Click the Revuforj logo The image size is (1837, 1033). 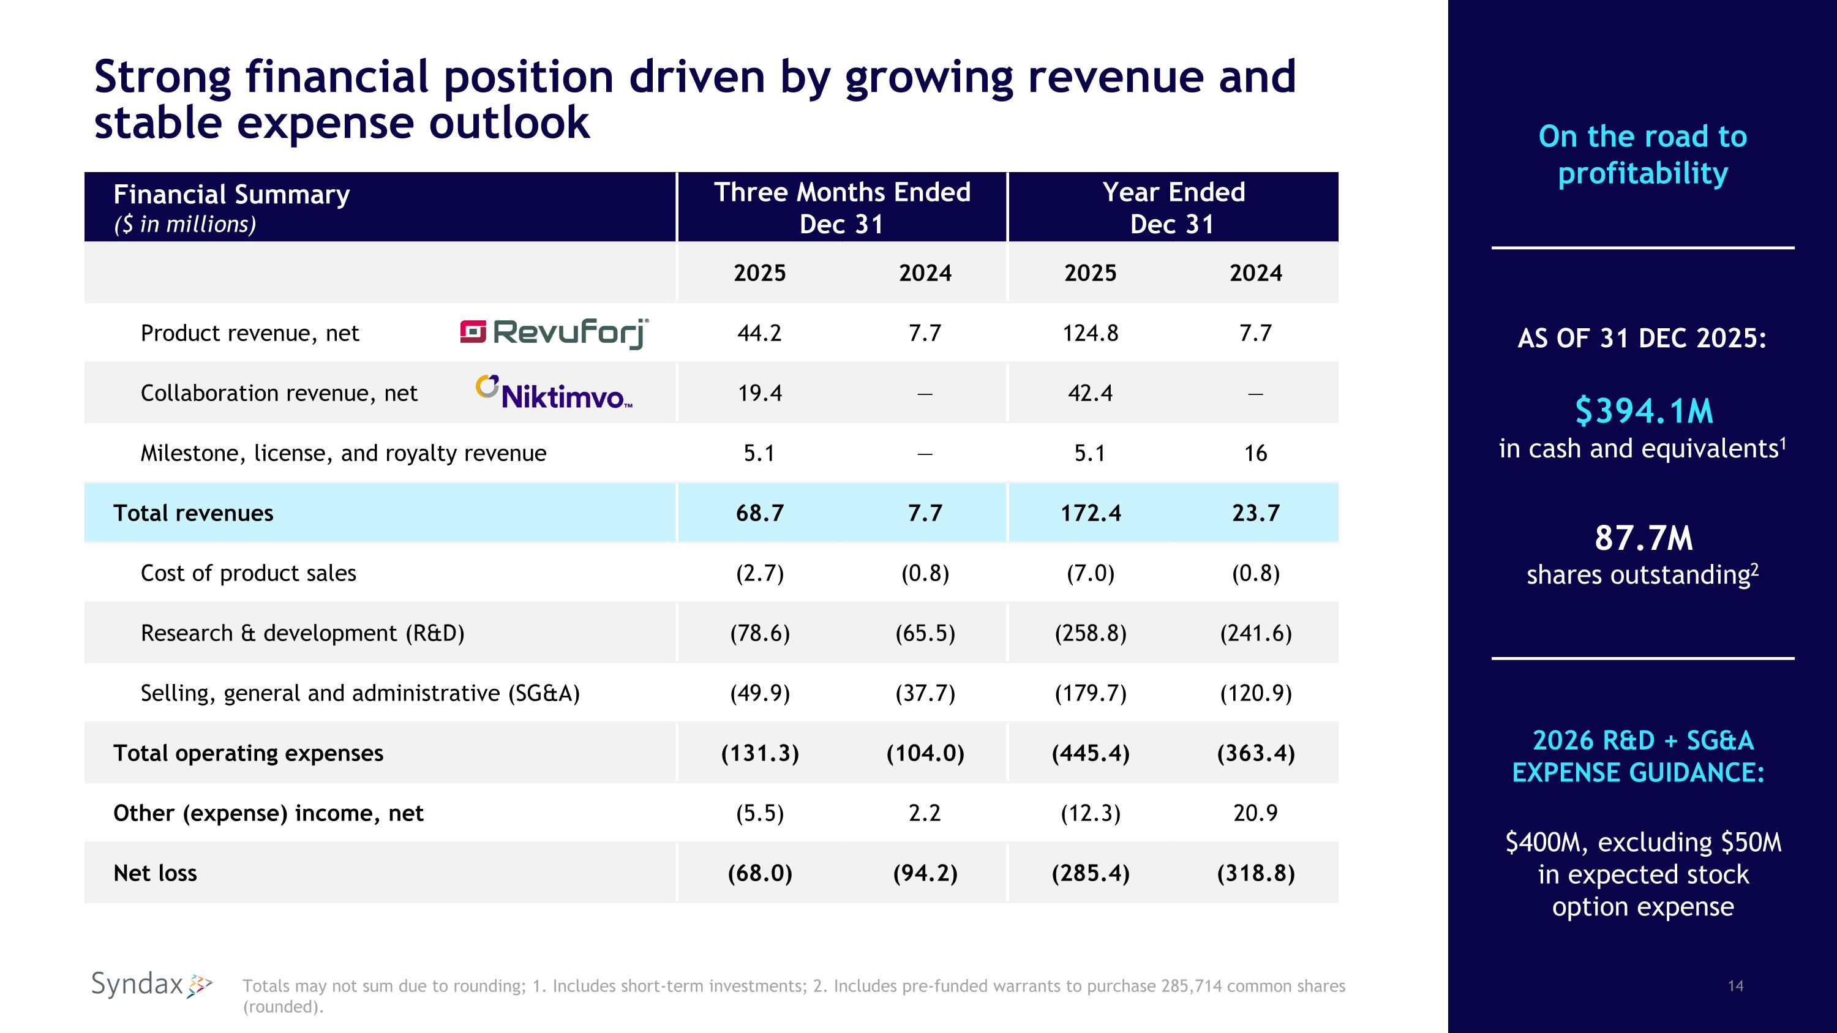pos(554,333)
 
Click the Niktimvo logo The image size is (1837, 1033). pos(554,393)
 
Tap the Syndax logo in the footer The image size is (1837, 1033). pos(151,985)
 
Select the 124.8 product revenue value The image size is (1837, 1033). pos(1091,333)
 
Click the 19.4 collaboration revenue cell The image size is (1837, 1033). pos(759,393)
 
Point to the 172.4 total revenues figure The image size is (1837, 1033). pos(1091,513)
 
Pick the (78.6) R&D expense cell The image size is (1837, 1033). pos(759,633)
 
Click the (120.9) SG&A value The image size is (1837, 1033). pos(1255,693)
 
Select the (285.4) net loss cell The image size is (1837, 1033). pos(1091,873)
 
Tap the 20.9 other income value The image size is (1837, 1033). pos(1255,813)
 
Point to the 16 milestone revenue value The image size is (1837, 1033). pos(1255,453)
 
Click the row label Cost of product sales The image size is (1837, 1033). pos(248,573)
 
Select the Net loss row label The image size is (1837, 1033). pos(155,873)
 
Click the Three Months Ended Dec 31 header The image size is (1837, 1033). pos(841,208)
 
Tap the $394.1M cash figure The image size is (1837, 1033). pos(1643,411)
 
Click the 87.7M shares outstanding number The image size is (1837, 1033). pos(1643,538)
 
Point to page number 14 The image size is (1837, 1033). pos(1736,986)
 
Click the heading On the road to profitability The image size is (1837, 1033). pos(1643,155)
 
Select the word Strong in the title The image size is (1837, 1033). pos(163,77)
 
